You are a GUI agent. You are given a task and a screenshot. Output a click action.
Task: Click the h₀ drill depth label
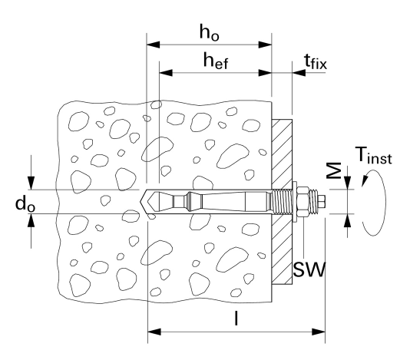click(x=209, y=33)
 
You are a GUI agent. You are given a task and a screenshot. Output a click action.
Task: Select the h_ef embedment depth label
click(x=216, y=61)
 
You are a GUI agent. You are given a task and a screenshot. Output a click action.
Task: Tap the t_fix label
click(x=316, y=61)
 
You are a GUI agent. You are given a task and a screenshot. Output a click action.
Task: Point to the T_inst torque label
click(x=373, y=155)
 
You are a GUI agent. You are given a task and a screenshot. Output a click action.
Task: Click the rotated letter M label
click(x=335, y=170)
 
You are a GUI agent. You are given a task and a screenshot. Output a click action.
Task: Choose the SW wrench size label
click(x=309, y=269)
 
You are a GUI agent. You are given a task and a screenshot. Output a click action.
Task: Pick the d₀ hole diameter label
click(x=25, y=204)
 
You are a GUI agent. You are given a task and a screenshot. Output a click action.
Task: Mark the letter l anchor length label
click(x=236, y=318)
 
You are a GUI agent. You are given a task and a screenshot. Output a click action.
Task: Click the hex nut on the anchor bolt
click(x=303, y=202)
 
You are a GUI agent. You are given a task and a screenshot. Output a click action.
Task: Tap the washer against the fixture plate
click(x=295, y=202)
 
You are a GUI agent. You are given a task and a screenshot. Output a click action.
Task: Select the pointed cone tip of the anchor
click(x=147, y=202)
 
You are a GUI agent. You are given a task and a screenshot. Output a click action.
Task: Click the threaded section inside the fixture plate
click(x=282, y=202)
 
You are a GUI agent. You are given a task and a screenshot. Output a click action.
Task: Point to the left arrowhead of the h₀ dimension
click(x=153, y=45)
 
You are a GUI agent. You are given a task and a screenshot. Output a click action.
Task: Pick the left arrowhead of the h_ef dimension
click(x=166, y=73)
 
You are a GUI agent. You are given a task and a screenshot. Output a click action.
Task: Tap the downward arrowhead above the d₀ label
click(x=31, y=183)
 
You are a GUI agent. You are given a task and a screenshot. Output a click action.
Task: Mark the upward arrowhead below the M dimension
click(x=347, y=220)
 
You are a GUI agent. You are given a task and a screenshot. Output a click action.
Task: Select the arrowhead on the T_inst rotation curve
click(x=364, y=180)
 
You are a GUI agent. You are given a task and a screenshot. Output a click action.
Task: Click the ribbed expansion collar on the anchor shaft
click(x=190, y=202)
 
